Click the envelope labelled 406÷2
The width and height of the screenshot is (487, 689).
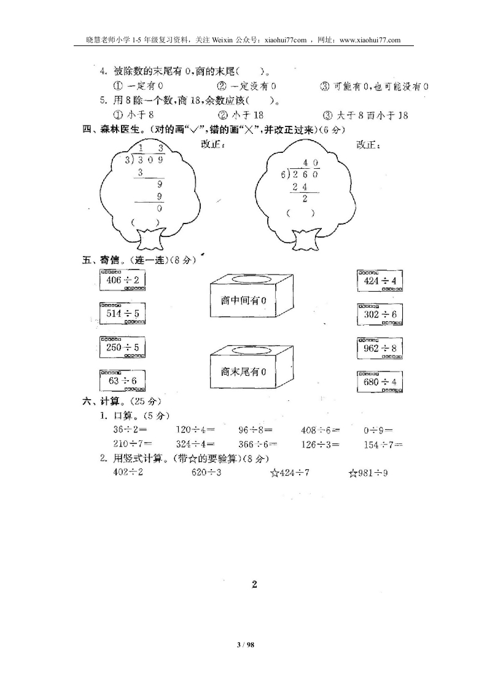coord(123,279)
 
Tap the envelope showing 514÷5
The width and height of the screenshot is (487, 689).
coord(123,313)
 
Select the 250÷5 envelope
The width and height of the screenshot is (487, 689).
coord(123,347)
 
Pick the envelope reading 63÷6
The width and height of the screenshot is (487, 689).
coord(123,381)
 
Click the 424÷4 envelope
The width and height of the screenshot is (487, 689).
coord(380,281)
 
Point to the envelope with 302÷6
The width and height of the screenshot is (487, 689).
coord(380,314)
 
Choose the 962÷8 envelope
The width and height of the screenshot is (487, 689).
coord(380,348)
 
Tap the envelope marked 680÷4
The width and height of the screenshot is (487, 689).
coord(380,381)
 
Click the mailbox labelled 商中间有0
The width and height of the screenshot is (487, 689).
coord(251,295)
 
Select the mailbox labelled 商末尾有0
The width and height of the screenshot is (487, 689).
coord(251,366)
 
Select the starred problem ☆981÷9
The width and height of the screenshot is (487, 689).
coord(368,473)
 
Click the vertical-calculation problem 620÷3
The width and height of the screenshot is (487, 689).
coord(206,472)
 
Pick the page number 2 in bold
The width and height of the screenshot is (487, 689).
coord(254,585)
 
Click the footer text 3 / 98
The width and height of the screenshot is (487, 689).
coord(246,645)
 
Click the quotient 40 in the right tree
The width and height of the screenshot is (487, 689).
coord(310,163)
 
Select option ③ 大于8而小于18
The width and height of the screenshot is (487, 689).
coord(365,115)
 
